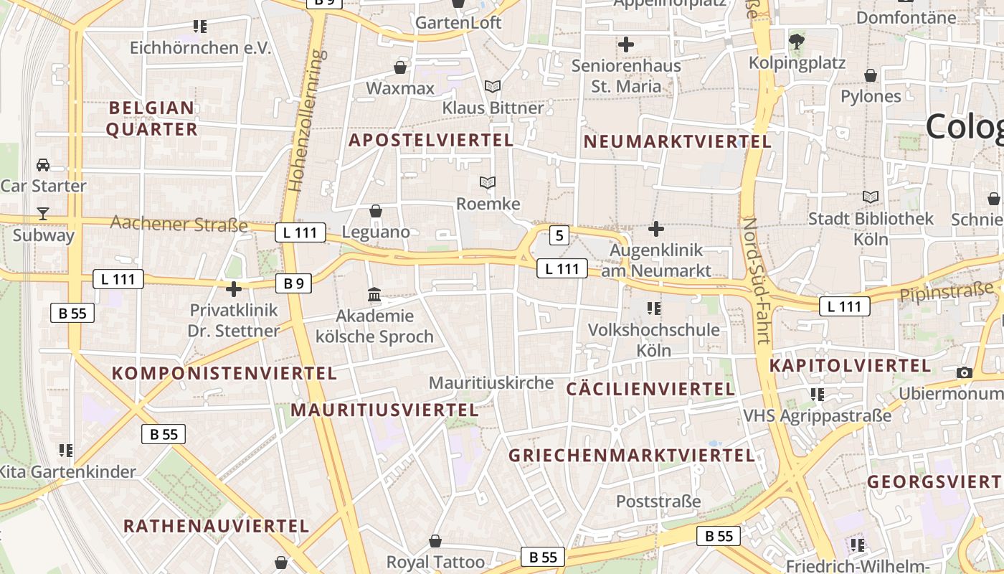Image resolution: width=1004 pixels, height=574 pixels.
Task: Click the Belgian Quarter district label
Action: coord(152,118)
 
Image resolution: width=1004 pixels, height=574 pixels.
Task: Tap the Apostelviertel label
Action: coord(431,140)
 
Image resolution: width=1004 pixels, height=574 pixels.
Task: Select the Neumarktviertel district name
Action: coord(677,141)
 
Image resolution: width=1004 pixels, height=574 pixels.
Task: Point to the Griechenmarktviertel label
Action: coord(632,456)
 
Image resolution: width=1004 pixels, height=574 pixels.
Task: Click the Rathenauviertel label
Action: coord(216,526)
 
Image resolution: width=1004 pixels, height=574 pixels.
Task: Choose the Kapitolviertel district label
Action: coord(850,365)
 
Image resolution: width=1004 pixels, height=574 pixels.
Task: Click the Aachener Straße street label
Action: coord(179,224)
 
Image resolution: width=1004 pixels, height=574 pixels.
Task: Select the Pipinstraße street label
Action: coord(947,291)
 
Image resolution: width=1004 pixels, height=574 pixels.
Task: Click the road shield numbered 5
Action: coord(559,235)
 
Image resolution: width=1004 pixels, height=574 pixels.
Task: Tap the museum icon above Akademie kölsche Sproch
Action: coord(374,295)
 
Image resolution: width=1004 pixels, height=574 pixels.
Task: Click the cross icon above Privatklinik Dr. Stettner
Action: coord(234,290)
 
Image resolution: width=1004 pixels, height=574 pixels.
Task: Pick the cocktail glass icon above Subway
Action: coord(43,213)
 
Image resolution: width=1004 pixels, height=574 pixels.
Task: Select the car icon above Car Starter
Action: coord(43,164)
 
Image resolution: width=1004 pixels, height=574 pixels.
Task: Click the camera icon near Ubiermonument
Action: coord(965,372)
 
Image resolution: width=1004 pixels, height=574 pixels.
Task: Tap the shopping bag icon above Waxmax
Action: coord(400,67)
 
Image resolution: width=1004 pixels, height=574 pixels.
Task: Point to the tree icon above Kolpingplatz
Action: coord(796,41)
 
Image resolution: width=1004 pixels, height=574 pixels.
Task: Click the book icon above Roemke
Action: coord(488,183)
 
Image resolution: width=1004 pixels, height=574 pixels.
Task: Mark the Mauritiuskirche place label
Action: coord(491,383)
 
